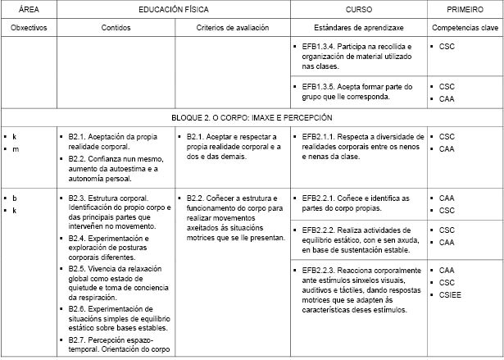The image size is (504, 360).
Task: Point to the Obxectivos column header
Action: [29, 27]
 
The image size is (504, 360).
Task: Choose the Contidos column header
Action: [116, 27]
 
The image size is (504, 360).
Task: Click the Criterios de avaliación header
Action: [233, 27]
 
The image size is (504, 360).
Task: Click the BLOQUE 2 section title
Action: [252, 117]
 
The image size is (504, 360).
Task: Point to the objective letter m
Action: [16, 149]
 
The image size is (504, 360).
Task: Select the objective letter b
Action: [15, 198]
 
